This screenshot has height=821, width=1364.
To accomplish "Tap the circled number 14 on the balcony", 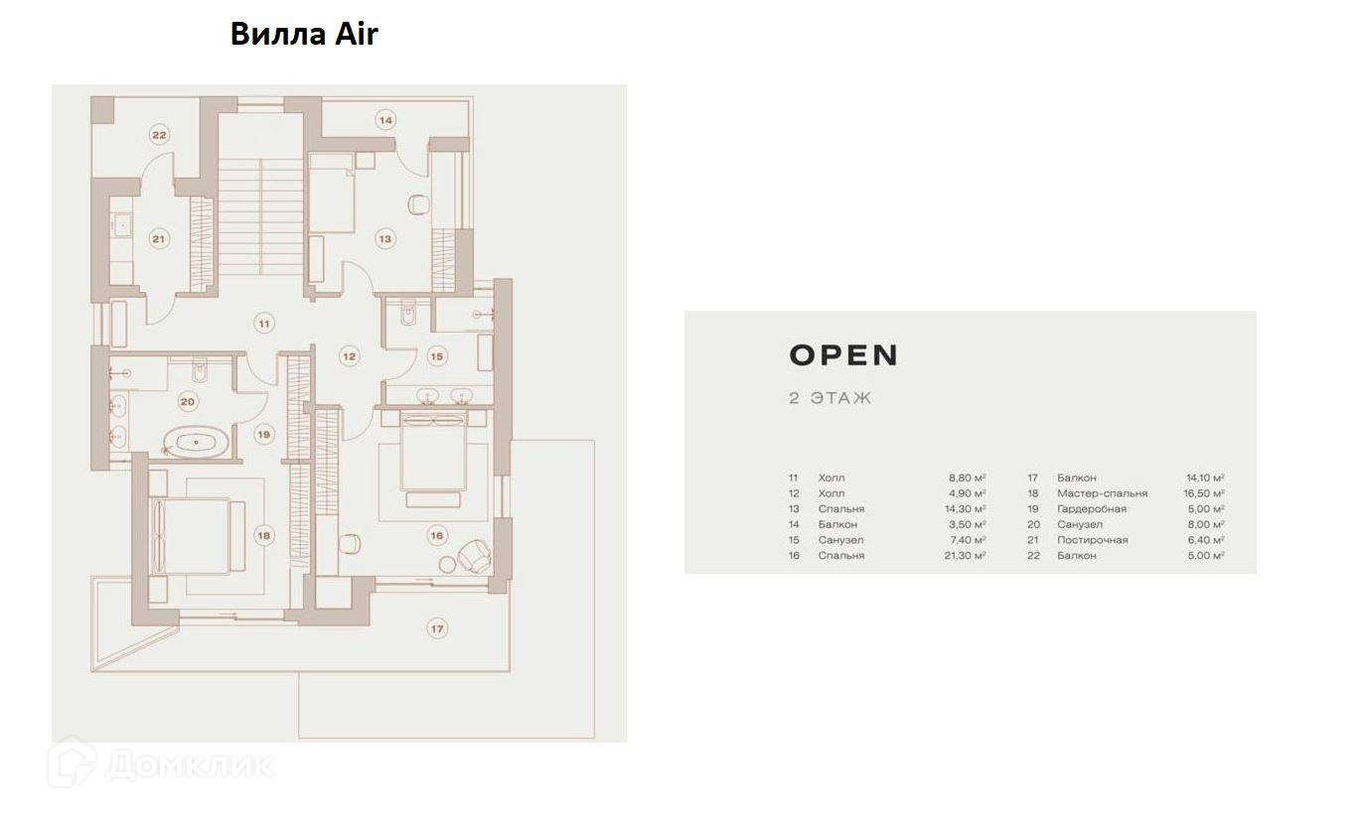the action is [385, 120].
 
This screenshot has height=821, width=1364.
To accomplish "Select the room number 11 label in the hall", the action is [263, 324].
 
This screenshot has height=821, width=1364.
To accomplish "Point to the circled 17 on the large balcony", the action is [435, 627].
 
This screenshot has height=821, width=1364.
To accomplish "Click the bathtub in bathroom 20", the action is [195, 442].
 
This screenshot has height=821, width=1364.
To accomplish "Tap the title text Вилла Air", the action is [304, 34].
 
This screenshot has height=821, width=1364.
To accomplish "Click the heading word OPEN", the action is [843, 355].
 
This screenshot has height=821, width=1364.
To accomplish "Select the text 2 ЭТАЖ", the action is [830, 398].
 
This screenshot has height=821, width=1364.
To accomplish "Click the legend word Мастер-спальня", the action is [1102, 493].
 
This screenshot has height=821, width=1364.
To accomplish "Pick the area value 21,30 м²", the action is [967, 556].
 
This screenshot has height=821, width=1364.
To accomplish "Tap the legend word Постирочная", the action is [1092, 540].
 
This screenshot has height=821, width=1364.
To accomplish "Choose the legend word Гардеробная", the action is [1091, 509].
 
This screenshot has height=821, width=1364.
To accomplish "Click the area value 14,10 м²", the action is [1204, 478].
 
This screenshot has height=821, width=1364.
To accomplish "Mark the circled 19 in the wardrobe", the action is [263, 434].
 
